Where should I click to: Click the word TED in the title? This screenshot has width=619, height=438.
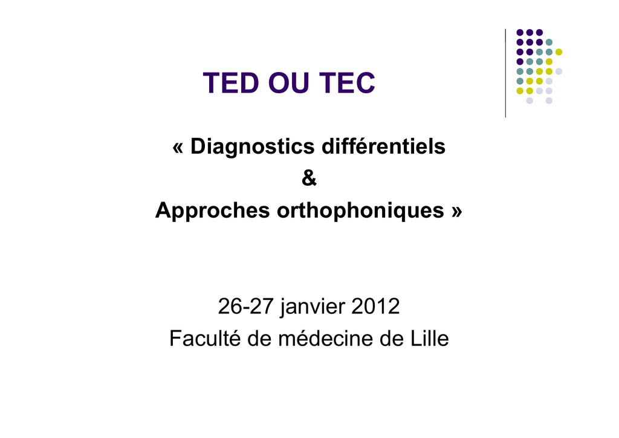point(231,83)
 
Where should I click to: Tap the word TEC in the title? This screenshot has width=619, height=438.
point(347,83)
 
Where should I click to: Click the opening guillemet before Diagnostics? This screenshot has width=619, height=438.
point(178,148)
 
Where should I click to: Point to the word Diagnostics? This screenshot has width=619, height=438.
point(253,146)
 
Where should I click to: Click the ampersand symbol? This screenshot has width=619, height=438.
point(309,178)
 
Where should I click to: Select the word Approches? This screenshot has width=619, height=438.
point(212,211)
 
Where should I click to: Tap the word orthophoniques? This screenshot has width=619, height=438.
point(360,211)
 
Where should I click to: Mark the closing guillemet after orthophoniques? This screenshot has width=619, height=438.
point(457,211)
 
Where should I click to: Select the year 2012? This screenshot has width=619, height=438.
point(375,307)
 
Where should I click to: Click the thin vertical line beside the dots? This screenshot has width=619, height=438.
point(505,73)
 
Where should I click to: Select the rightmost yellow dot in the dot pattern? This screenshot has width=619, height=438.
point(559,52)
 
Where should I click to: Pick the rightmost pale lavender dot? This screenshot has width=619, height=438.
point(559,71)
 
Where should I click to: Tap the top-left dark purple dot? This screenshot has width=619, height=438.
point(520,33)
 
